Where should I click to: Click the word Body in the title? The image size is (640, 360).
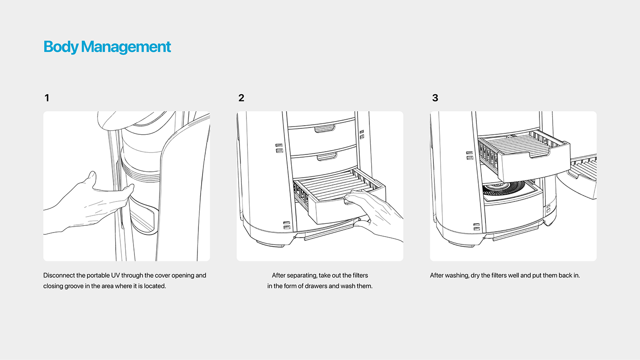pyautogui.click(x=61, y=47)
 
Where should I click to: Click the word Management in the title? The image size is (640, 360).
pyautogui.click(x=126, y=47)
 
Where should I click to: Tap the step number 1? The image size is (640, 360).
pyautogui.click(x=47, y=98)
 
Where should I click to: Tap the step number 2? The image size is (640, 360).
pyautogui.click(x=241, y=98)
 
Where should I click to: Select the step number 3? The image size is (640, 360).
pyautogui.click(x=435, y=98)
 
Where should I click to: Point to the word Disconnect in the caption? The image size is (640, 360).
pyautogui.click(x=59, y=275)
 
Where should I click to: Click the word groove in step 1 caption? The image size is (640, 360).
pyautogui.click(x=74, y=286)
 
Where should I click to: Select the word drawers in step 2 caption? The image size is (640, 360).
pyautogui.click(x=316, y=286)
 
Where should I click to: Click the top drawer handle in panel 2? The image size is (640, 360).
pyautogui.click(x=325, y=128)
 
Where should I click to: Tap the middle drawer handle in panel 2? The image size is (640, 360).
pyautogui.click(x=327, y=157)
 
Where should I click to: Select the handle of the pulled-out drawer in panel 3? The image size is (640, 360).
pyautogui.click(x=539, y=154)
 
